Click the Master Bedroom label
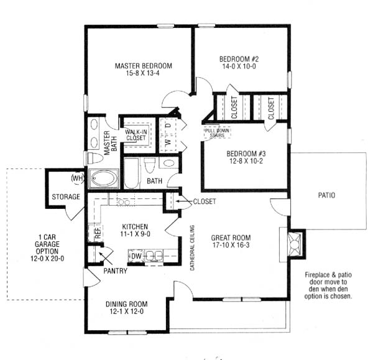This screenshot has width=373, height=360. click(x=144, y=66)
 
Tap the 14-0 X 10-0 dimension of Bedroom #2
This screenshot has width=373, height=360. click(x=239, y=67)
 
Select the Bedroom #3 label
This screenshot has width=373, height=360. click(x=246, y=154)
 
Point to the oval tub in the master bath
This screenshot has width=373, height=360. click(x=104, y=178)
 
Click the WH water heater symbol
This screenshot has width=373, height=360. click(x=78, y=178)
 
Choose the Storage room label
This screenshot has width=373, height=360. click(x=66, y=196)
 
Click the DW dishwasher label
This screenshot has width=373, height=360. click(x=137, y=256)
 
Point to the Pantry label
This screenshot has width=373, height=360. click(x=116, y=270)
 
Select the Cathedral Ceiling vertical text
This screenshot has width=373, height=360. click(x=192, y=247)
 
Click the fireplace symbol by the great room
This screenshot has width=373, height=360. click(x=295, y=244)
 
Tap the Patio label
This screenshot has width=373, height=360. click(x=326, y=195)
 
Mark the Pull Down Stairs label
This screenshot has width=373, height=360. click(x=217, y=133)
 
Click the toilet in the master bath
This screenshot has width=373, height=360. click(x=95, y=158)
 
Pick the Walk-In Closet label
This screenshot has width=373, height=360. click(x=136, y=135)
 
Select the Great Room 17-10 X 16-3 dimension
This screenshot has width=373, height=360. click(x=231, y=245)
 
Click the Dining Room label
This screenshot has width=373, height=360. click(x=127, y=304)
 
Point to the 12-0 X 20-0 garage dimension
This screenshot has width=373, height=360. click(x=47, y=259)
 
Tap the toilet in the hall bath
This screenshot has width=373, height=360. click(x=150, y=165)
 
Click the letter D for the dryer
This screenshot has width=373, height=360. click(x=168, y=125)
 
